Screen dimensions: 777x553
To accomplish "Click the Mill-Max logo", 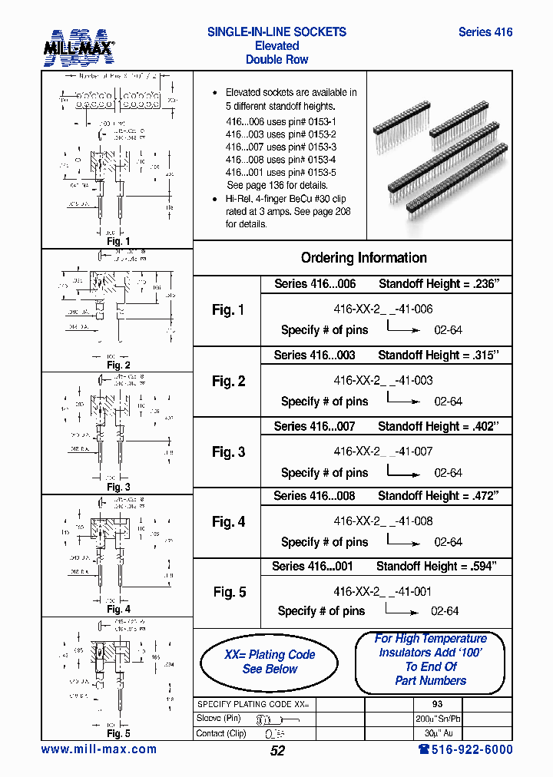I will pyautogui.click(x=78, y=47).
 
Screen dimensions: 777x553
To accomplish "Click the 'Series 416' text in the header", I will pyautogui.click(x=485, y=32).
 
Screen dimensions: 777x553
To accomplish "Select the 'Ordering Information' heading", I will pyautogui.click(x=363, y=258).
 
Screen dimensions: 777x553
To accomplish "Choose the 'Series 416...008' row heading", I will pyautogui.click(x=314, y=496).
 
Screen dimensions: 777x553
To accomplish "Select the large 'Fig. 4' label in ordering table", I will pyautogui.click(x=228, y=522).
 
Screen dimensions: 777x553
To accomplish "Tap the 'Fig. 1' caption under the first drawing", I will pyautogui.click(x=118, y=242).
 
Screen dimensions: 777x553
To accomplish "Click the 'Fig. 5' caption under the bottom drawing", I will pyautogui.click(x=118, y=733).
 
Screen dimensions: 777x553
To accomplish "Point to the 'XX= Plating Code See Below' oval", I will pyautogui.click(x=269, y=662).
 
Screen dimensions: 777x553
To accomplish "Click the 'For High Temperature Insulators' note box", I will pyautogui.click(x=430, y=660).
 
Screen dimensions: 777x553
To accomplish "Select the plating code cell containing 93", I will pyautogui.click(x=437, y=704).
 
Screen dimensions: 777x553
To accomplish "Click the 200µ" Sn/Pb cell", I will pyautogui.click(x=437, y=719).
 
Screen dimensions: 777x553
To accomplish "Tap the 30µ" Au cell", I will pyautogui.click(x=437, y=733).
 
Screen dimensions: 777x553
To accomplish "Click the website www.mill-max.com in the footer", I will pyautogui.click(x=98, y=749).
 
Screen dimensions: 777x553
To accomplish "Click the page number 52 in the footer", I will pyautogui.click(x=277, y=751).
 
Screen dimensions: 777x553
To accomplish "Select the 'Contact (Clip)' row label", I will pyautogui.click(x=222, y=733).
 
